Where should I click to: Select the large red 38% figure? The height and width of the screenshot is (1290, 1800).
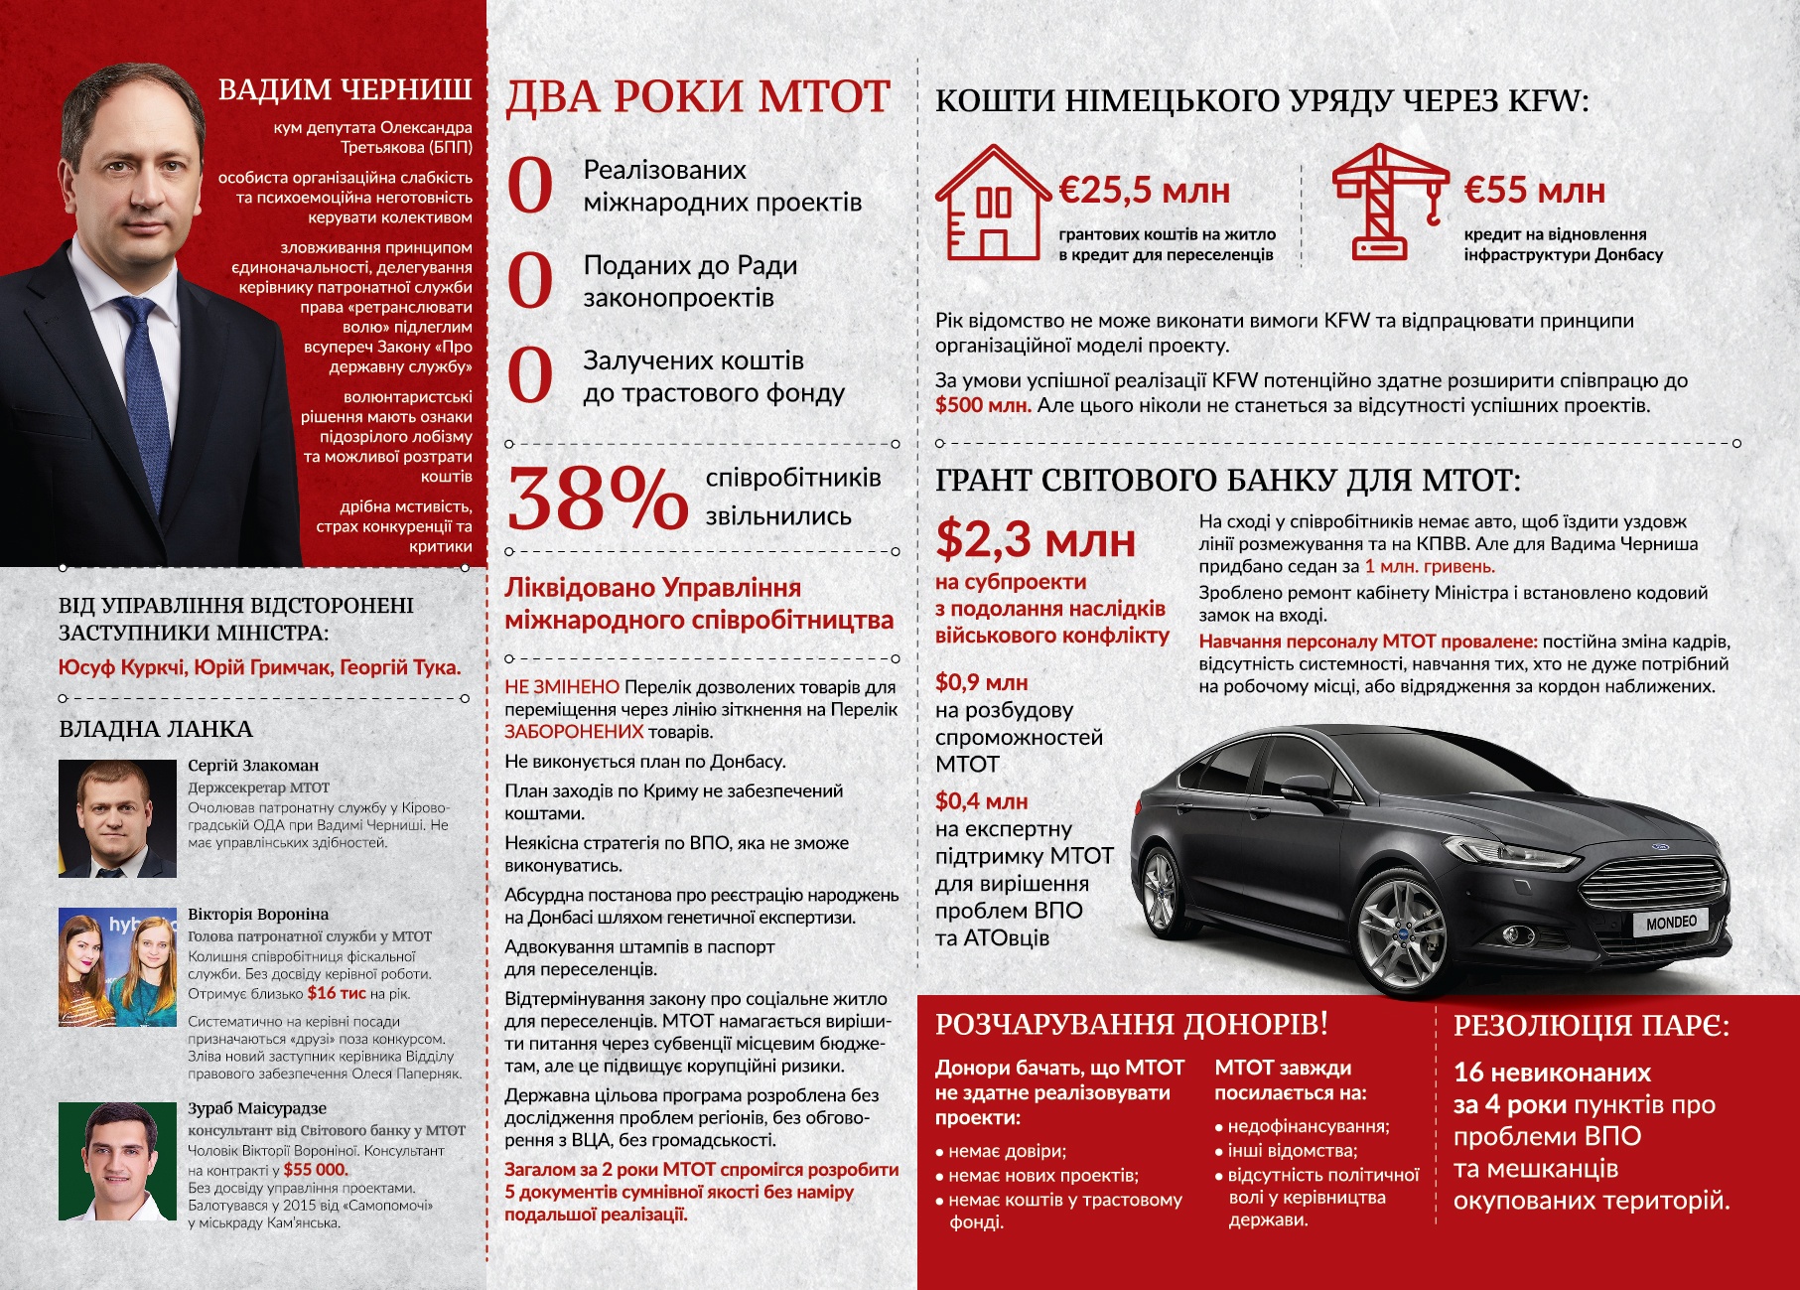(x=597, y=499)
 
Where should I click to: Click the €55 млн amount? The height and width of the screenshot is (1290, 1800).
(x=1534, y=190)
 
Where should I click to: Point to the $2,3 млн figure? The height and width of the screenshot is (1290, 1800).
(x=1035, y=540)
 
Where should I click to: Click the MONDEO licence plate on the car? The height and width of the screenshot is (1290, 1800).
(x=1671, y=923)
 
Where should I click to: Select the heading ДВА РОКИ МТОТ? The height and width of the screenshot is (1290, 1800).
(x=698, y=97)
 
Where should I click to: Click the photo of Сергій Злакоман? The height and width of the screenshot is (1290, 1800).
(x=117, y=818)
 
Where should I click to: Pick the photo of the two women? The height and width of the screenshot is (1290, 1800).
(x=117, y=966)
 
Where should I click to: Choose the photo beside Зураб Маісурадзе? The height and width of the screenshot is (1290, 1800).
(x=117, y=1161)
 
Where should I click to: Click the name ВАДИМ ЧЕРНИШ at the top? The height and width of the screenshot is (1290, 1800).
(x=345, y=89)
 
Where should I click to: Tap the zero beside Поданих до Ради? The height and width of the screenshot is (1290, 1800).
(x=529, y=281)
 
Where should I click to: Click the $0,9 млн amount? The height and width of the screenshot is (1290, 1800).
(x=981, y=682)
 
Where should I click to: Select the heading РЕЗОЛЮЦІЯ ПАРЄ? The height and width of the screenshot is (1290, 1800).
(x=1591, y=1026)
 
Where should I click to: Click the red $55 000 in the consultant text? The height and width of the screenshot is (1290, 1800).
(x=316, y=1170)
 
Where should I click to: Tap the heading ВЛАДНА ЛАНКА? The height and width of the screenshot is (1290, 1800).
(x=156, y=729)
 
